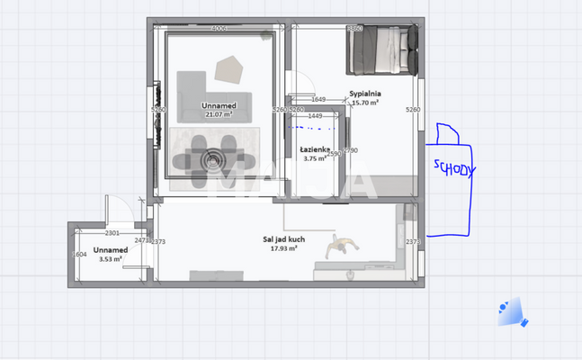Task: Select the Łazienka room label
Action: pyautogui.click(x=315, y=149)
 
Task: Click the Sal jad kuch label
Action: pyautogui.click(x=283, y=239)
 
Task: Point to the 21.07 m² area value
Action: pyautogui.click(x=219, y=114)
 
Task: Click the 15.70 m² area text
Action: pyautogui.click(x=365, y=103)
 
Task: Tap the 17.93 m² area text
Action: pyautogui.click(x=283, y=248)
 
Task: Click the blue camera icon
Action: pyautogui.click(x=512, y=311)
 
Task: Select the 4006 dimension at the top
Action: pyautogui.click(x=219, y=30)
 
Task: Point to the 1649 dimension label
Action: pyautogui.click(x=318, y=100)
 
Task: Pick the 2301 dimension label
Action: pyautogui.click(x=112, y=232)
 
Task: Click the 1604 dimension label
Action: pyautogui.click(x=79, y=256)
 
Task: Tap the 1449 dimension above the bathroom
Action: pyautogui.click(x=315, y=116)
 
